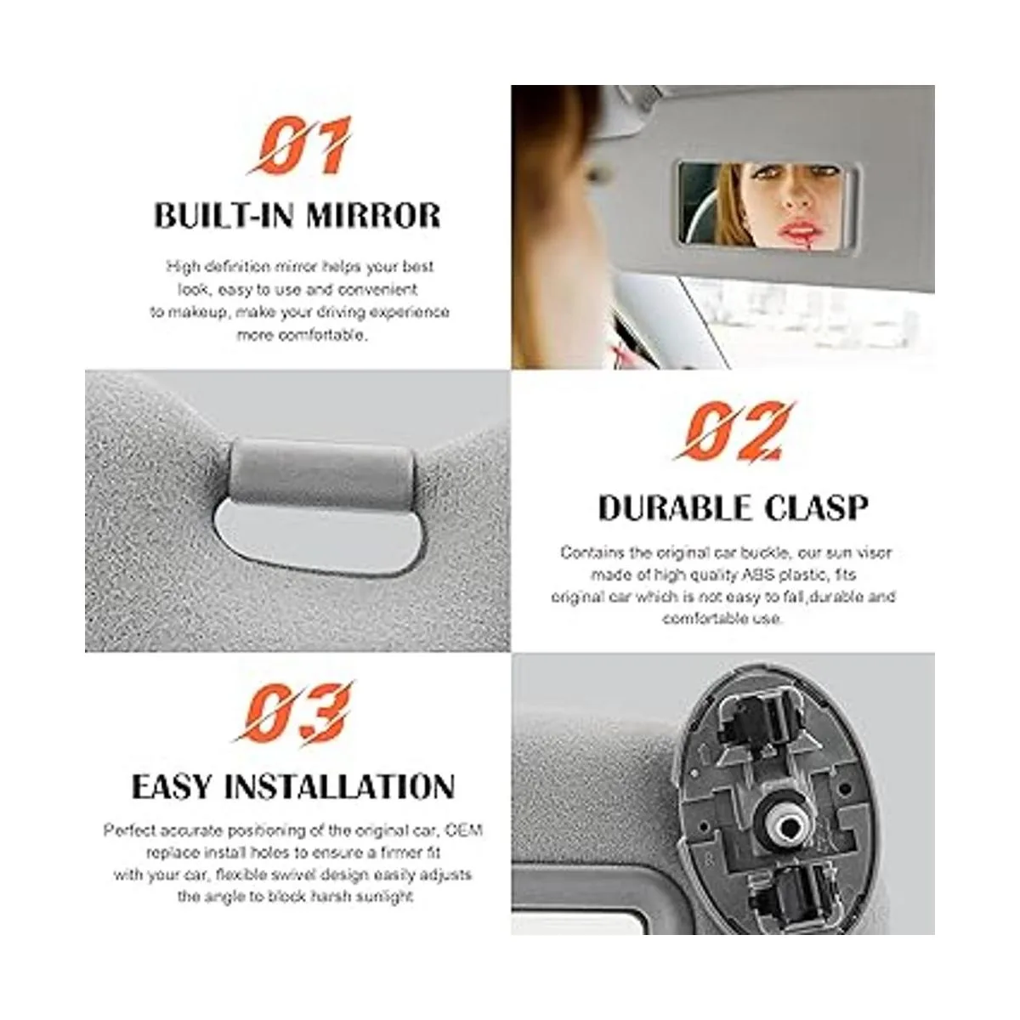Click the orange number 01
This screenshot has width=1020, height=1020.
point(300,145)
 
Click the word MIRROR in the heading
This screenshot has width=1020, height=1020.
point(372,215)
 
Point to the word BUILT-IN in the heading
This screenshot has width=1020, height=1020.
point(224,215)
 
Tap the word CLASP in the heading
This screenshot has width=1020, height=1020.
point(816,507)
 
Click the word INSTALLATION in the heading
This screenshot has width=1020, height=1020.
point(340,787)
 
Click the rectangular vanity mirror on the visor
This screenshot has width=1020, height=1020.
point(768,206)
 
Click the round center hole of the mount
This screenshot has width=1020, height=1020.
point(789,826)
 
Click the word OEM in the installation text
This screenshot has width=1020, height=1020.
point(464,830)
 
